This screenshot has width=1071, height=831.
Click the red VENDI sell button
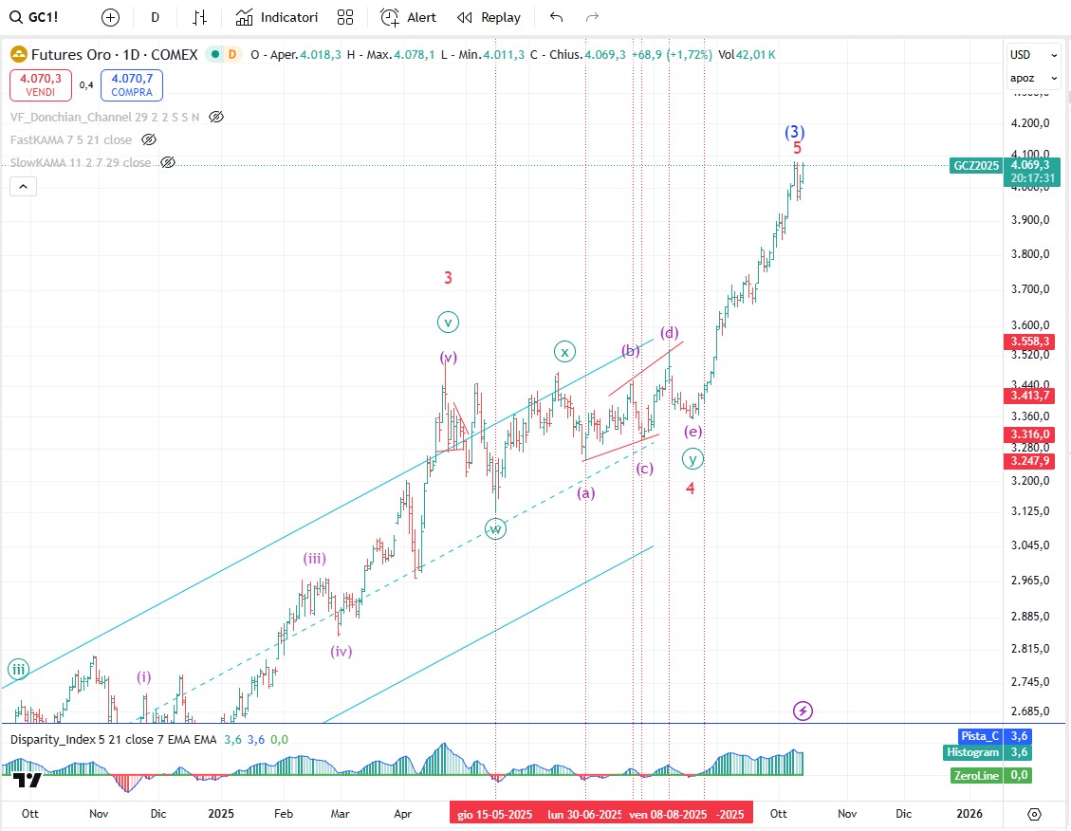40,85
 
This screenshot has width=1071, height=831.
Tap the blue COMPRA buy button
132,85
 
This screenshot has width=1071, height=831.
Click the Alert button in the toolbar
409,17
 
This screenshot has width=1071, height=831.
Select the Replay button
489,17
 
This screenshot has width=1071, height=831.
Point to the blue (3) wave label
795,132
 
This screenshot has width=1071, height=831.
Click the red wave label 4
691,488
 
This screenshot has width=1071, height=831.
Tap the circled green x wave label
564,352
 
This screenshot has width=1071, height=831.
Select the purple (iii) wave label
315,559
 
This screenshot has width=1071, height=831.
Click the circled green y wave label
693,459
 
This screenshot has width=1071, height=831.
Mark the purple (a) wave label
586,492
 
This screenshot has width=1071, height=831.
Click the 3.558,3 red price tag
1030,341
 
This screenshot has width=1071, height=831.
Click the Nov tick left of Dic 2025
847,813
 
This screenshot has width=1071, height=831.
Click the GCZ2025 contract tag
976,165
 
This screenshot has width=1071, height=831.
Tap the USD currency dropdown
1033,55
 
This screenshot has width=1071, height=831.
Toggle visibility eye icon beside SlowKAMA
168,163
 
